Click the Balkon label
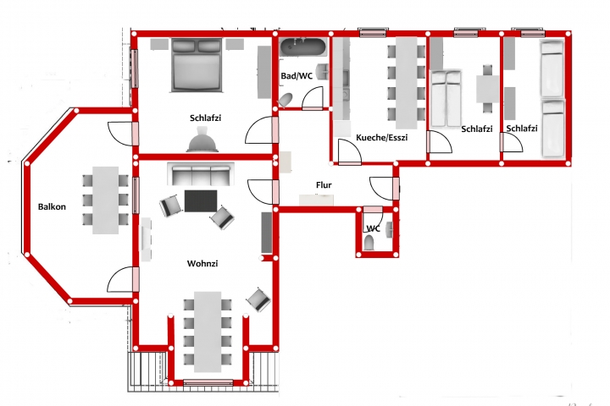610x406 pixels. [52, 206]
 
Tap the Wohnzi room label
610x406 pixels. [202, 263]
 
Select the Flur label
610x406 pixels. [324, 185]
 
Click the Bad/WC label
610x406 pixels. [297, 76]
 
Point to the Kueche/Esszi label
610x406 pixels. [381, 138]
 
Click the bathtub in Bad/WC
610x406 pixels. [303, 47]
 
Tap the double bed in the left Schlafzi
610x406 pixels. [197, 65]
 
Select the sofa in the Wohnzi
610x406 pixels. [201, 174]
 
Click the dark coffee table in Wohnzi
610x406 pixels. [201, 200]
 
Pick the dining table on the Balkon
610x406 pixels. [105, 200]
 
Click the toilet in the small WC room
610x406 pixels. [369, 244]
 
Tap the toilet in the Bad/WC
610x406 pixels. [286, 100]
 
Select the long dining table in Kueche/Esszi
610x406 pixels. [407, 83]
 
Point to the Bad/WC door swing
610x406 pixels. [313, 97]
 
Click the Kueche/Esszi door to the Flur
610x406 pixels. [350, 151]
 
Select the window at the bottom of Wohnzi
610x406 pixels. [208, 382]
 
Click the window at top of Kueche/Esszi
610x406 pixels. [373, 32]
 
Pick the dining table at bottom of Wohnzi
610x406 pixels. [208, 332]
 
